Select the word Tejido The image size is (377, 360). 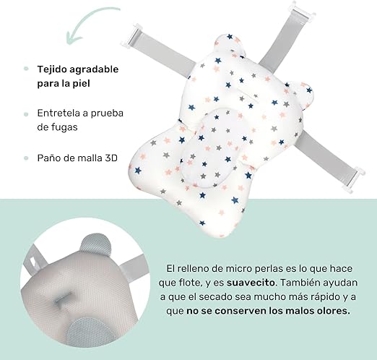(55, 70)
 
